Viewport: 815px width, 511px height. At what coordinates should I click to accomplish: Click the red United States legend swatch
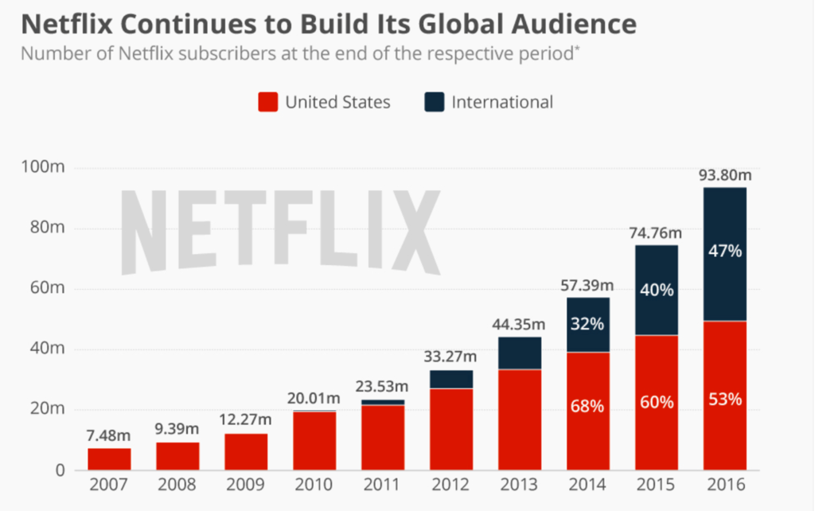(268, 102)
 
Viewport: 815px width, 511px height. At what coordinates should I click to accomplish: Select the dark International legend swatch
(434, 102)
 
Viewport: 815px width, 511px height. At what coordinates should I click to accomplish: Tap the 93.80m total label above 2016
(724, 175)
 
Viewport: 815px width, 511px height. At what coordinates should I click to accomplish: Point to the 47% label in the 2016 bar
(724, 252)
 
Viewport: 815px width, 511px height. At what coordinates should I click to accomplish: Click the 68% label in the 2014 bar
(587, 407)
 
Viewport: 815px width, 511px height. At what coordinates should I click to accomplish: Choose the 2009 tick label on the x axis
(246, 485)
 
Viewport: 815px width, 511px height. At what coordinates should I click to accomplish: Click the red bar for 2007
(110, 458)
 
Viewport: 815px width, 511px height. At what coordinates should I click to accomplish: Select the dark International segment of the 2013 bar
(519, 353)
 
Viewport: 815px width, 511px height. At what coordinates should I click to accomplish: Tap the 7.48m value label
(110, 436)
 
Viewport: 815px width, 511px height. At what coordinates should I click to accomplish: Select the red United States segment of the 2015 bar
(656, 403)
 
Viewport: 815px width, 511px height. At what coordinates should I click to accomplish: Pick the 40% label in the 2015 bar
(656, 290)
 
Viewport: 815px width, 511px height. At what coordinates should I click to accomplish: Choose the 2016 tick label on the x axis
(724, 485)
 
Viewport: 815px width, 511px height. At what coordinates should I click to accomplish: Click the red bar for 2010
(314, 440)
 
